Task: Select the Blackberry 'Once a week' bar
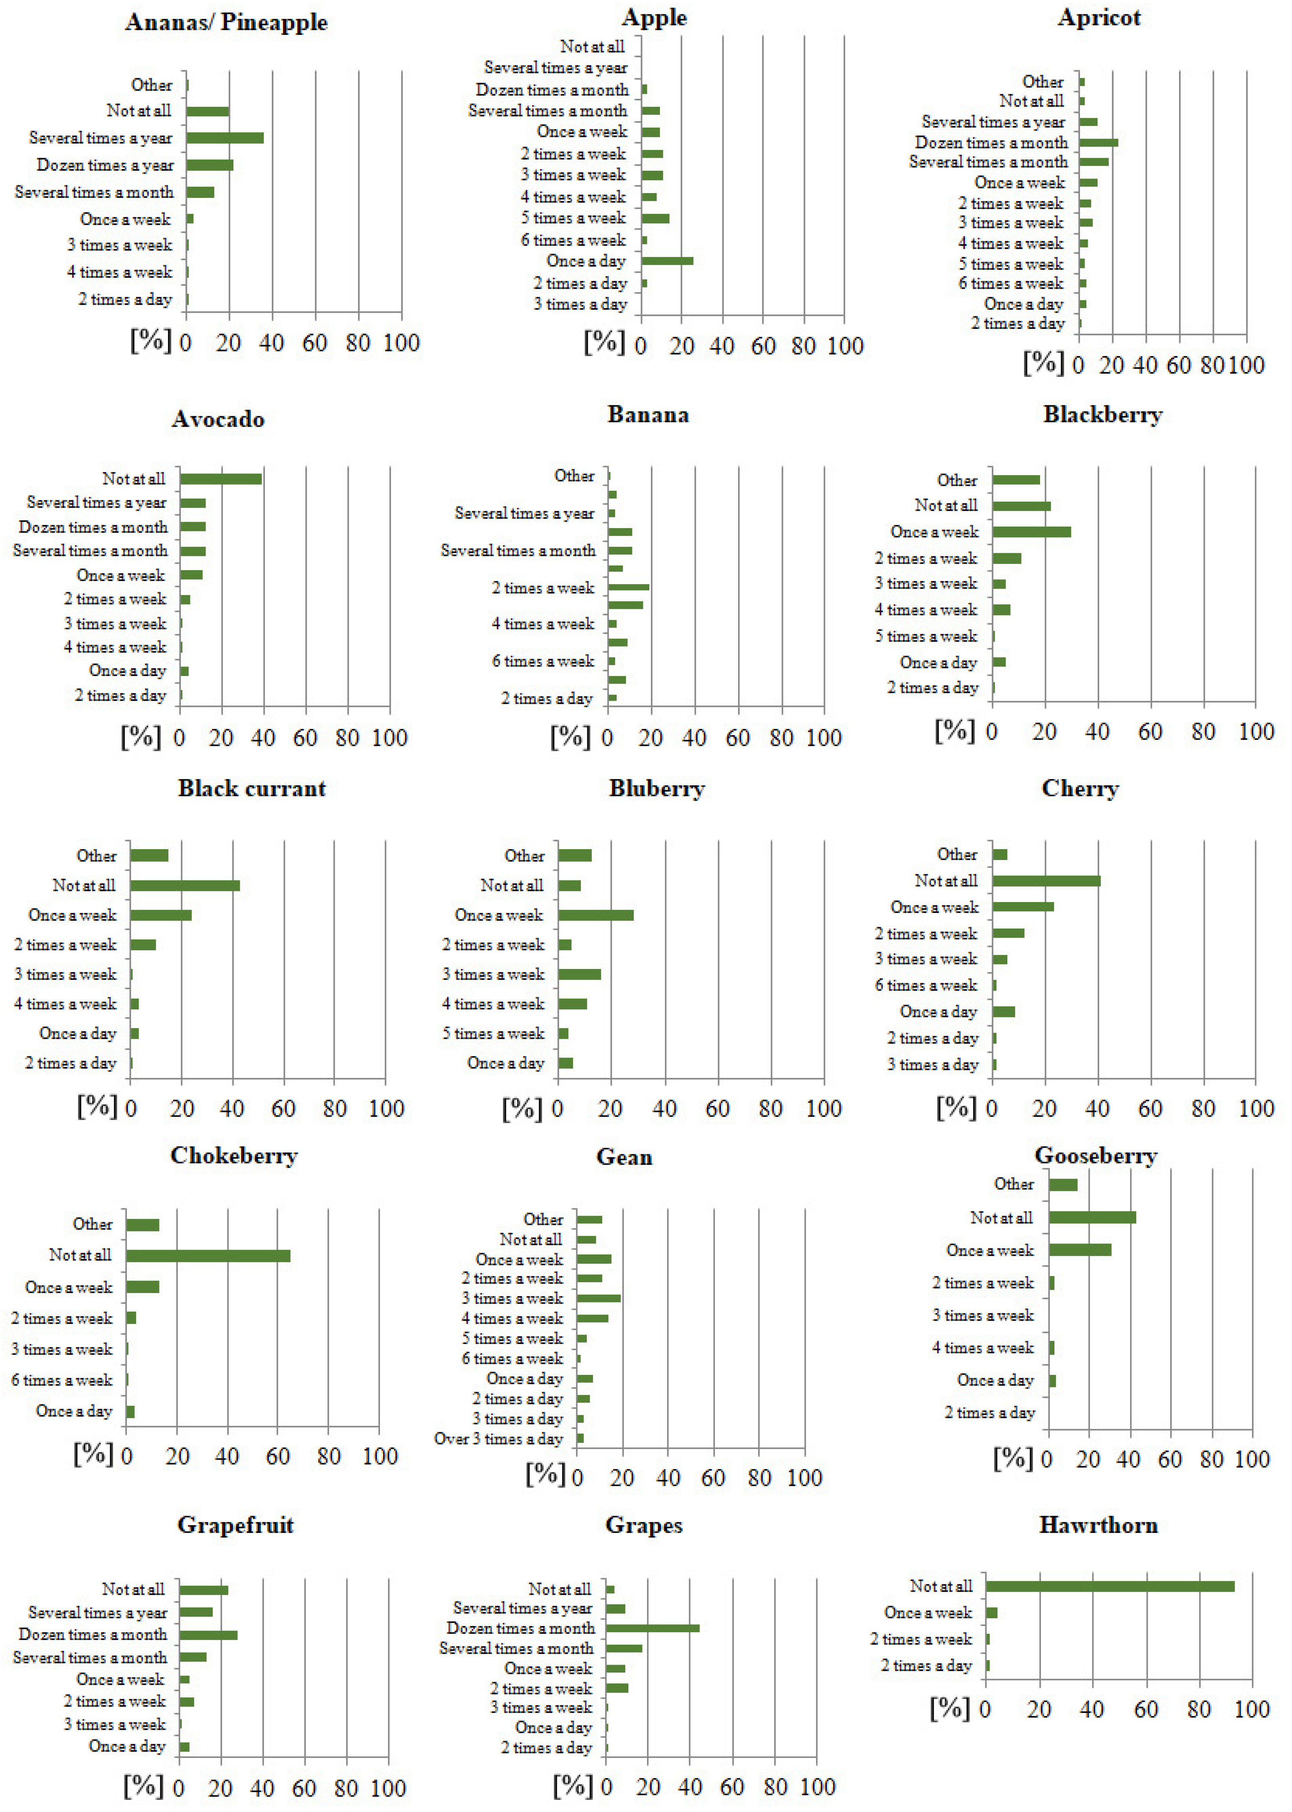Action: click(x=1031, y=531)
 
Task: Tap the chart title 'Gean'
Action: click(x=625, y=1157)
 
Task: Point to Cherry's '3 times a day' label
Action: click(x=932, y=1065)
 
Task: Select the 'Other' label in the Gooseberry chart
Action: click(x=1013, y=1184)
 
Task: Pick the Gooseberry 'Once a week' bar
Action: click(x=1080, y=1250)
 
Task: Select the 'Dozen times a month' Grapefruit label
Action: click(x=93, y=1634)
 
